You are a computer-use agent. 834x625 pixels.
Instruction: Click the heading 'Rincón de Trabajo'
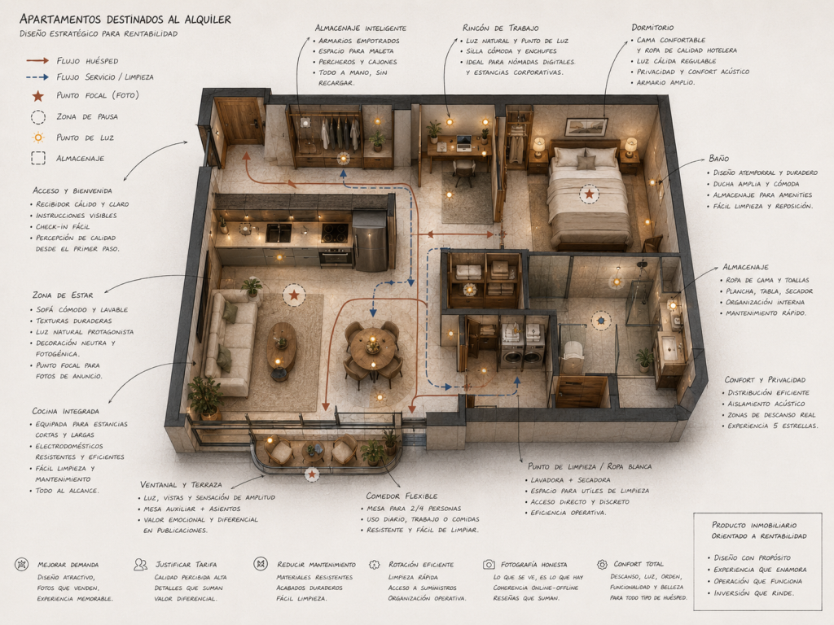[x=500, y=28]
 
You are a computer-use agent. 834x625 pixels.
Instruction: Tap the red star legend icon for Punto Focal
[x=37, y=96]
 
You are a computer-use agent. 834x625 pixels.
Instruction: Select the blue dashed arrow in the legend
[x=37, y=77]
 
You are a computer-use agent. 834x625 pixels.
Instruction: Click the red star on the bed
[x=589, y=194]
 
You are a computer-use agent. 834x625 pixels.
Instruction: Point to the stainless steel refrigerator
[x=370, y=241]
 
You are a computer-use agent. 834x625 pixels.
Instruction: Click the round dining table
[x=372, y=348]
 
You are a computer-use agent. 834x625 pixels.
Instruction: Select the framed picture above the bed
[x=586, y=127]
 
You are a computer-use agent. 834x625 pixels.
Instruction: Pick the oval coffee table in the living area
[x=281, y=347]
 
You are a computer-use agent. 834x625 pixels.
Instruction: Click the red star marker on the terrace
[x=312, y=474]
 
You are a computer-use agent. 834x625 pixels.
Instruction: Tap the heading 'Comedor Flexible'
[x=402, y=496]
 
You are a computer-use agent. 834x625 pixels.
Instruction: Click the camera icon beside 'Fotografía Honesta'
[x=489, y=565]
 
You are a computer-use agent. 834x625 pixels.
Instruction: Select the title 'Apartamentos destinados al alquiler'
[x=125, y=20]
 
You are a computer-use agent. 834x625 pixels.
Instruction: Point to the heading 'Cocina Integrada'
[x=65, y=411]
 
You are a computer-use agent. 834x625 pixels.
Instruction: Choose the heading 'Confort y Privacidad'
[x=765, y=380]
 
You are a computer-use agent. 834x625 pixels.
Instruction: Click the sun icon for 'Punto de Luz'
[x=37, y=138]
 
